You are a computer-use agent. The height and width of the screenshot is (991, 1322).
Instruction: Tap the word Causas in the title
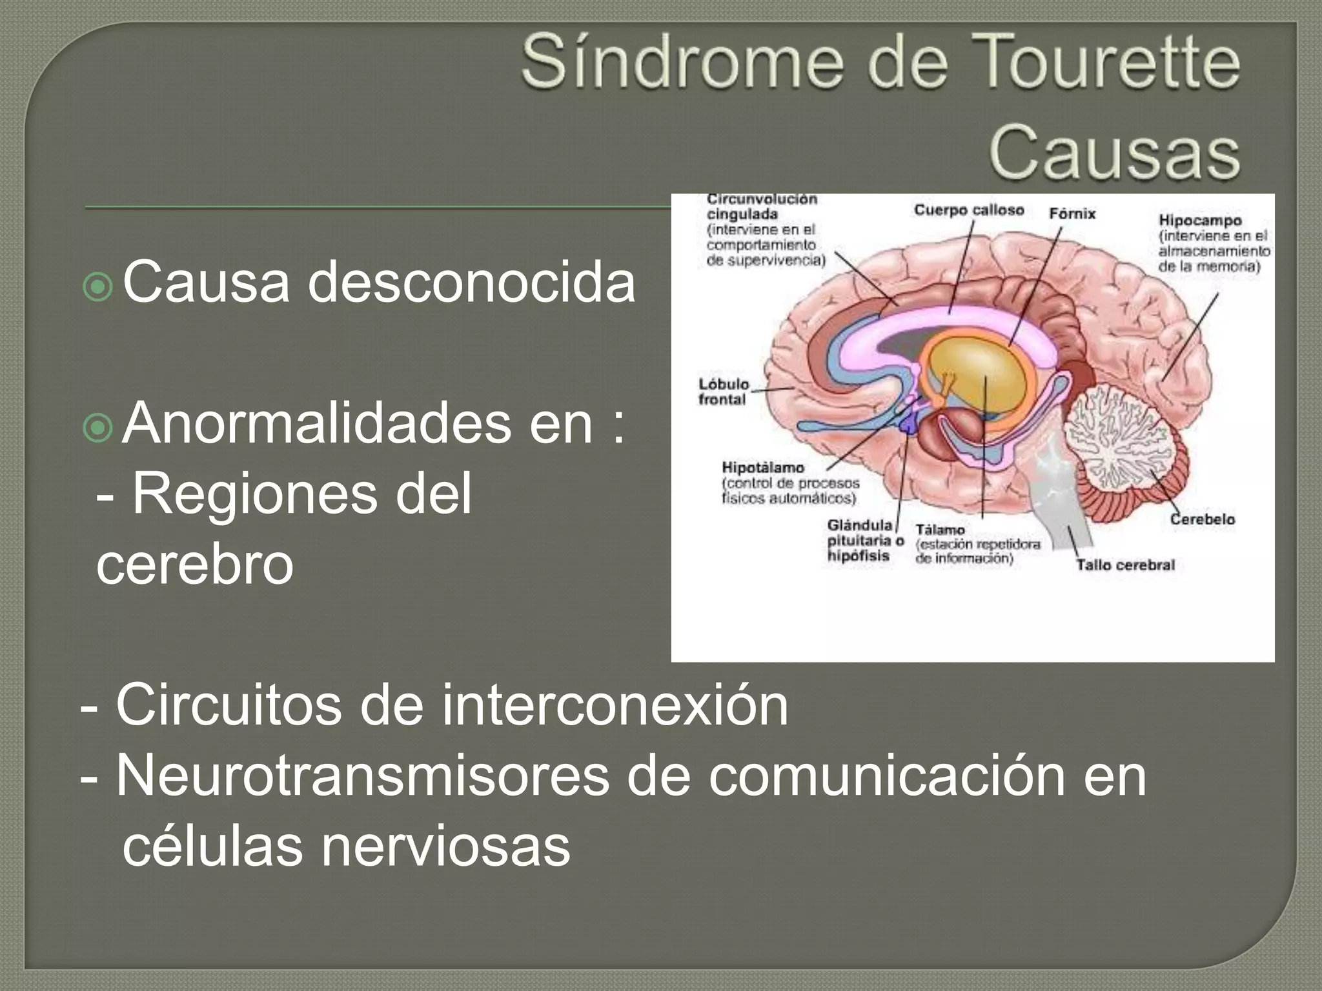tap(1114, 155)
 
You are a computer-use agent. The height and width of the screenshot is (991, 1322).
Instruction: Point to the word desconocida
tap(471, 283)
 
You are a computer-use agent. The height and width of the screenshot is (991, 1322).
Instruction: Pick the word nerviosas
tap(445, 846)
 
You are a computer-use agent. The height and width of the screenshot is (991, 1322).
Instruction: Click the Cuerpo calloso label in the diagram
tap(969, 210)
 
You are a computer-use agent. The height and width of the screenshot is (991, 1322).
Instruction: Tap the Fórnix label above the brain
tap(1072, 214)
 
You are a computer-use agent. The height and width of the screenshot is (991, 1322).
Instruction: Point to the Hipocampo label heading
tap(1200, 221)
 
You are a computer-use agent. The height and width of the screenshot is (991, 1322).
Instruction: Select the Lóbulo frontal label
tap(724, 392)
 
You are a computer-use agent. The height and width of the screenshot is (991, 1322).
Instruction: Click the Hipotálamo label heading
tap(763, 467)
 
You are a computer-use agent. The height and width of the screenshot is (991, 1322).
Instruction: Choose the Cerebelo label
tap(1203, 519)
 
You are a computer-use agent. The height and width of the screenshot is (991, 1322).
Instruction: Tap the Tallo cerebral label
tap(1125, 565)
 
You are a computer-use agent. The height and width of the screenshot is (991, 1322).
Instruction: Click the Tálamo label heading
tap(940, 530)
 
